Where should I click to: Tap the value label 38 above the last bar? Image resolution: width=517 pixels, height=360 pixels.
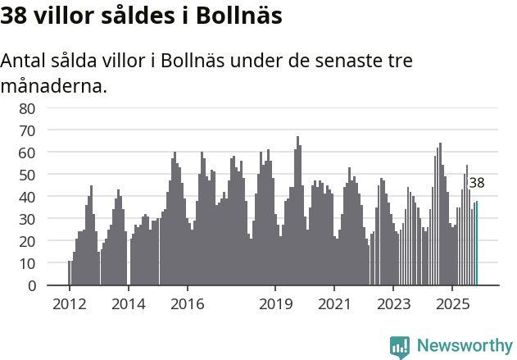coord(477,183)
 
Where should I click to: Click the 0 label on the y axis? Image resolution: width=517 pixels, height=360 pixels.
coord(31,286)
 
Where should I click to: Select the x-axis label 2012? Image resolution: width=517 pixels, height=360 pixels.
coord(69,304)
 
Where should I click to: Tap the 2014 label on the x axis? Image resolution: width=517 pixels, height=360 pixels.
coord(128,304)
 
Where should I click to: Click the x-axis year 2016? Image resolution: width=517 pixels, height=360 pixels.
coord(188,304)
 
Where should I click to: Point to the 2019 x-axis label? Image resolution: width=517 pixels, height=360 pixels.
coord(275,304)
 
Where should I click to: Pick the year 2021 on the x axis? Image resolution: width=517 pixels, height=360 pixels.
coord(334,304)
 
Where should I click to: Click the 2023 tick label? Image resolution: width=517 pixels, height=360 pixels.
coord(393,304)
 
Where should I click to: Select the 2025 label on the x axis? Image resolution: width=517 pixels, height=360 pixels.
coord(452,304)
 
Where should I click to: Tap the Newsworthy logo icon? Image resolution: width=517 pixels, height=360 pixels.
coord(400,346)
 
